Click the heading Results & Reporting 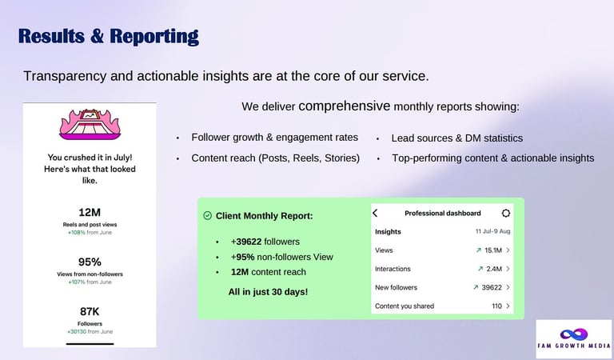tap(109, 37)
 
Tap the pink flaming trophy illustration tap(90, 125)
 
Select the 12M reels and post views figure tap(90, 212)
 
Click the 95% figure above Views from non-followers tap(90, 262)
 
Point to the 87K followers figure tap(90, 311)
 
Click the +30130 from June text tap(90, 331)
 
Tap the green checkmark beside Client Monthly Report tap(208, 215)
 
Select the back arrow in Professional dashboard tap(375, 213)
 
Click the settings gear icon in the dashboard tap(506, 213)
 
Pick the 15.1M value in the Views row tap(493, 250)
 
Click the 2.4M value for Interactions tap(494, 269)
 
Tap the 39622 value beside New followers tap(492, 287)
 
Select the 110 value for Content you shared tap(497, 306)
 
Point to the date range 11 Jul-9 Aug tap(493, 231)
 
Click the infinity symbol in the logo tap(574, 334)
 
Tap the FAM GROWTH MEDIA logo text tap(574, 346)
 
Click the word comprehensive tap(345, 106)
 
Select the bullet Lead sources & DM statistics tap(457, 138)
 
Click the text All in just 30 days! tap(269, 292)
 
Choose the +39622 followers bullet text tap(265, 242)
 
